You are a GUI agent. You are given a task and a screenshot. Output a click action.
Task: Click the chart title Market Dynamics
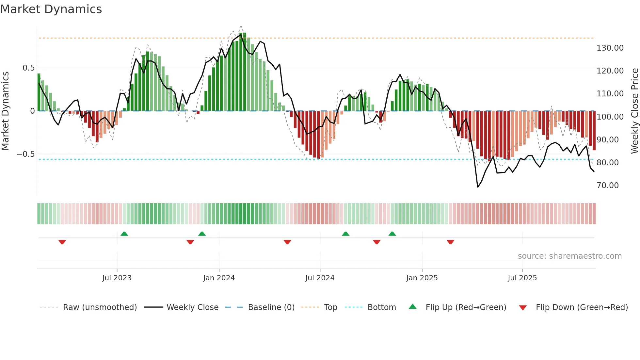51,9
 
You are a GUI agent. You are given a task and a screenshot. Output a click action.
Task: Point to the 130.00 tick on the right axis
610,48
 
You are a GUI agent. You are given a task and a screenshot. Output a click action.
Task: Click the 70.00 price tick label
607,186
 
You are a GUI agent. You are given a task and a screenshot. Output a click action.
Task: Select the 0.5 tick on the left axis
28,68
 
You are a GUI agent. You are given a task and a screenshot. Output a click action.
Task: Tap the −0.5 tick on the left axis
25,154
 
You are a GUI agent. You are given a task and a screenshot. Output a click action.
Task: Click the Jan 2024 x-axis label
219,278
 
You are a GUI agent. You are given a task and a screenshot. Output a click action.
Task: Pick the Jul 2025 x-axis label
522,278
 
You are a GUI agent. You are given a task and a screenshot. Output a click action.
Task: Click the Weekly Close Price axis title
634,111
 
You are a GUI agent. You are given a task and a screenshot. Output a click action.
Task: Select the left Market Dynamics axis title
5,111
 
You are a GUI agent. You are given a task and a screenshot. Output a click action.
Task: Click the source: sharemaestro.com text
569,256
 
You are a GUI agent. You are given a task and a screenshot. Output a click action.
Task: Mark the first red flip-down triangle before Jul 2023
62,242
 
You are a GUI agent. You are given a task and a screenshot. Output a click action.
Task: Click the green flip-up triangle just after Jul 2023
124,234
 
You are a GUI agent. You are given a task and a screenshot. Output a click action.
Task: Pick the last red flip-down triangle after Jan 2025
450,242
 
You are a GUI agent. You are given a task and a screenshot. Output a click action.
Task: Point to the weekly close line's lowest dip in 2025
478,187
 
